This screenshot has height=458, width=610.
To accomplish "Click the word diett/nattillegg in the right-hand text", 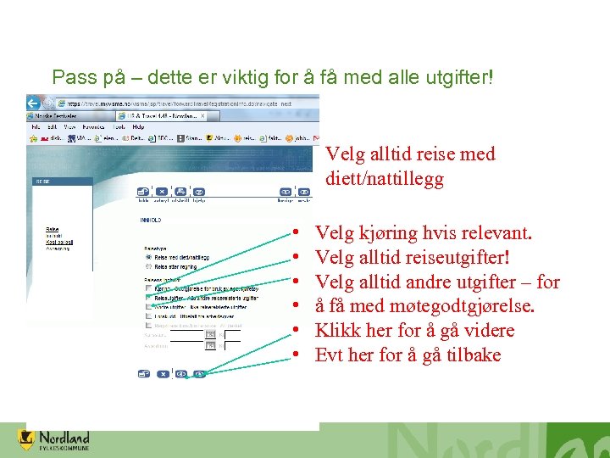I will point(384,179).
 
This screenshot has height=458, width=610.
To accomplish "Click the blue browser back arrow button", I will point(35,100).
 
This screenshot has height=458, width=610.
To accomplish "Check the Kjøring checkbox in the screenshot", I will point(149,288).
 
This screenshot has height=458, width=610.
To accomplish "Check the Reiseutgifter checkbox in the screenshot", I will point(149,298).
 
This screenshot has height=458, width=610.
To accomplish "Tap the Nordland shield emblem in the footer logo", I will point(27,439).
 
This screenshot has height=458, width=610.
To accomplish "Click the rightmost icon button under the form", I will point(199,373).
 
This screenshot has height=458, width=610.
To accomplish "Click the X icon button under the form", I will point(162,373).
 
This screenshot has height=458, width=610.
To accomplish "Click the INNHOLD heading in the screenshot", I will point(149,220).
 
